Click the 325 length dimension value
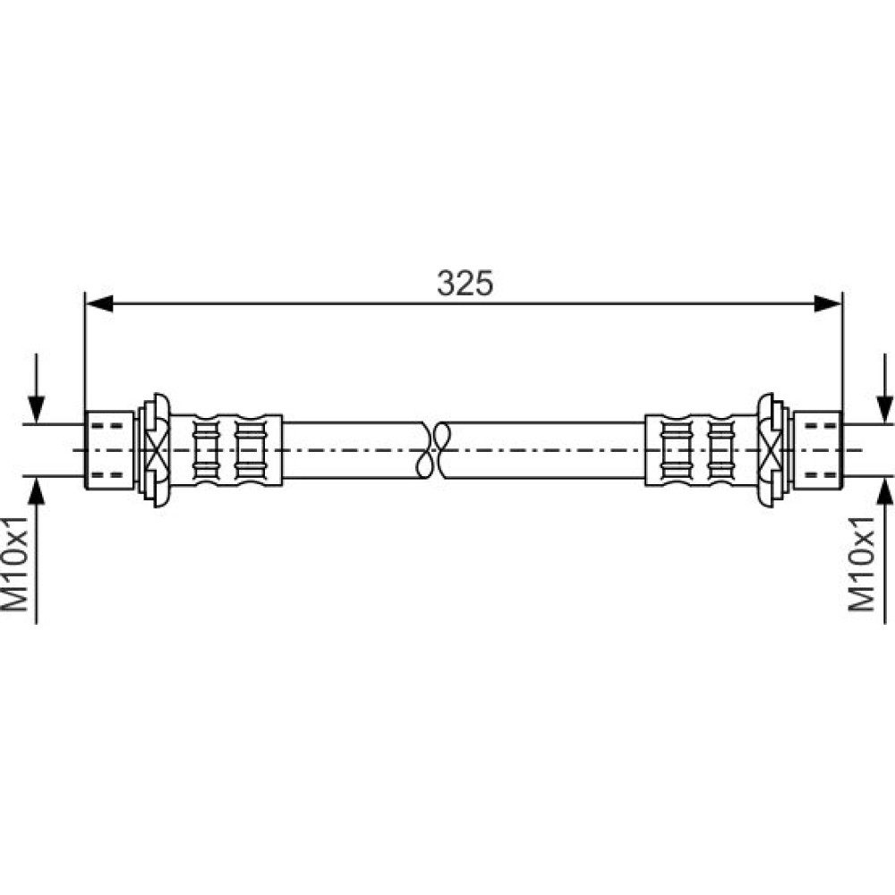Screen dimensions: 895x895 (x=465, y=283)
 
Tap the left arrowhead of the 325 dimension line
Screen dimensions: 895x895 (x=99, y=303)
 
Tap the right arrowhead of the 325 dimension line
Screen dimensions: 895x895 (x=828, y=303)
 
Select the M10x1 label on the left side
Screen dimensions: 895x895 (x=15, y=563)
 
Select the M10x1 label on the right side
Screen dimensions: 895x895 (x=862, y=563)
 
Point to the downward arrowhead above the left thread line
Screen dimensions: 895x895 (x=36, y=410)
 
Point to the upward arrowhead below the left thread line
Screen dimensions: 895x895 (x=36, y=490)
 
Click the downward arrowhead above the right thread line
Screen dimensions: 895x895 (x=885, y=410)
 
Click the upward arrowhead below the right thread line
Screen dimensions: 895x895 (x=885, y=490)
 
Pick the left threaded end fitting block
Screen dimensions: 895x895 (x=109, y=450)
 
